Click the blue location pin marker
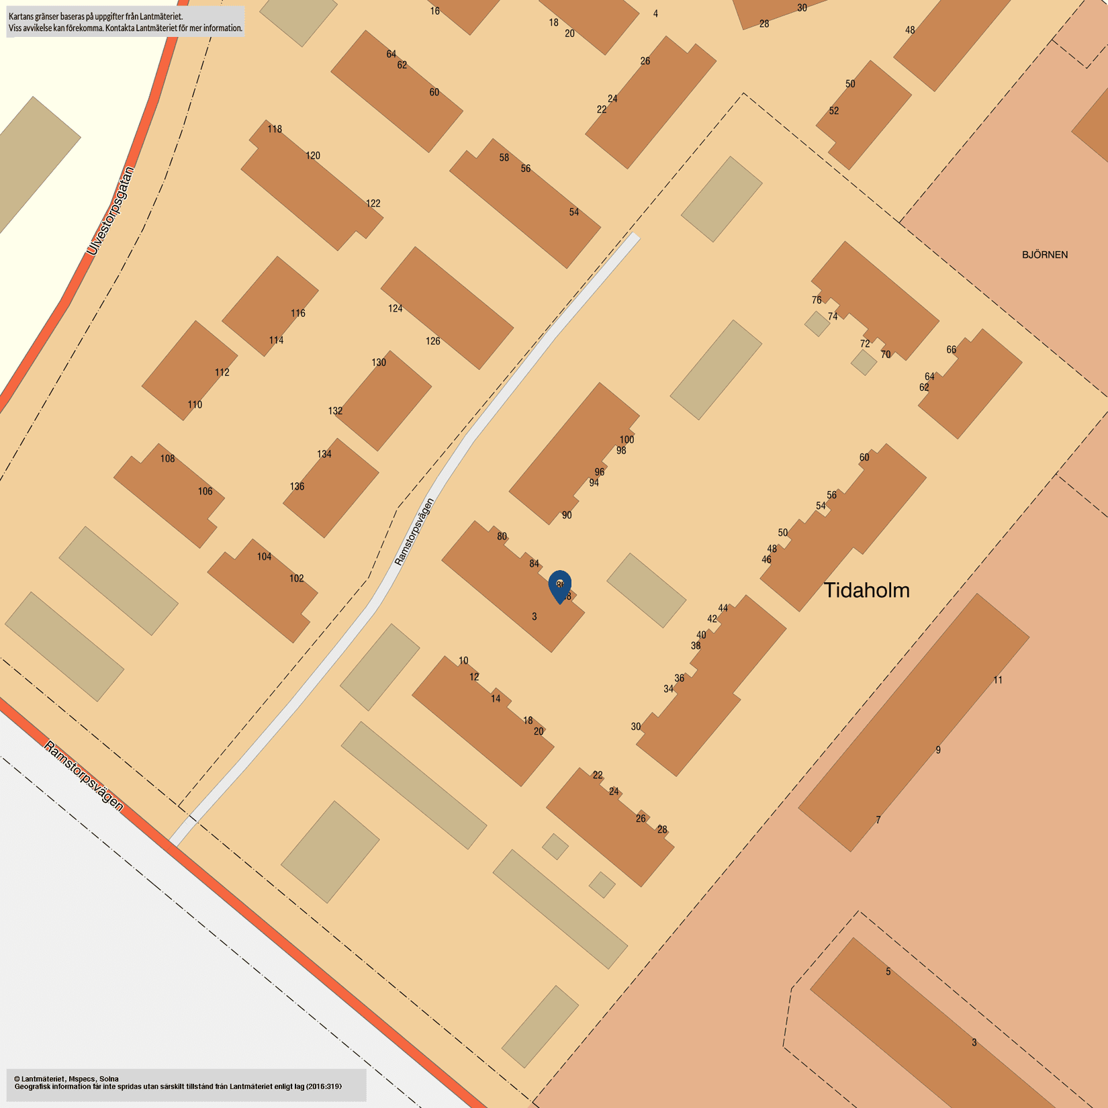pyautogui.click(x=559, y=586)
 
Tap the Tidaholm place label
pyautogui.click(x=866, y=590)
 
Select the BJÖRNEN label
pyautogui.click(x=1044, y=255)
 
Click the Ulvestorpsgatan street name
pyautogui.click(x=111, y=211)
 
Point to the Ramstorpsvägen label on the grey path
pyautogui.click(x=414, y=532)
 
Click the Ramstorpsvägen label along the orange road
pyautogui.click(x=84, y=776)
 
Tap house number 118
pyautogui.click(x=275, y=129)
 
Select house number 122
pyautogui.click(x=373, y=203)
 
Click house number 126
pyautogui.click(x=432, y=341)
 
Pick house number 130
pyautogui.click(x=379, y=363)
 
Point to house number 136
pyautogui.click(x=297, y=486)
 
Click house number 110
pyautogui.click(x=195, y=404)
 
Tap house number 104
pyautogui.click(x=264, y=557)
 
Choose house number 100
pyautogui.click(x=627, y=440)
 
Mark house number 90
pyautogui.click(x=567, y=515)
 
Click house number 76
pyautogui.click(x=816, y=300)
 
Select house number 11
pyautogui.click(x=998, y=680)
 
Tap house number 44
pyautogui.click(x=723, y=608)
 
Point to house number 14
pyautogui.click(x=496, y=698)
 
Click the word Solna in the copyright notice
pyautogui.click(x=109, y=1079)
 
